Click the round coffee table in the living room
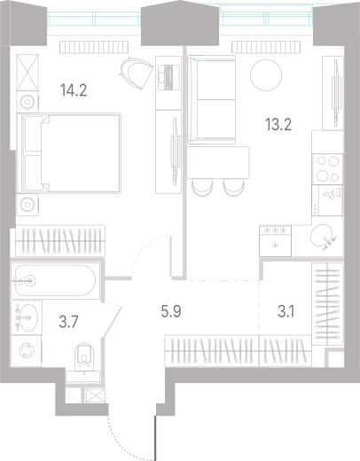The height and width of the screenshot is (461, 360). (266, 74)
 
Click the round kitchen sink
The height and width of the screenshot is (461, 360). (320, 236)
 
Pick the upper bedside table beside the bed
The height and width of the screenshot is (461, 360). (27, 98)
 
